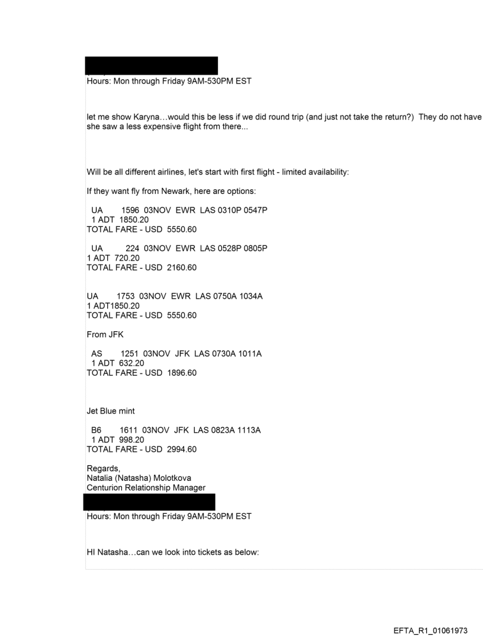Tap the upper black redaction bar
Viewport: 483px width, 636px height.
click(152, 65)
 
